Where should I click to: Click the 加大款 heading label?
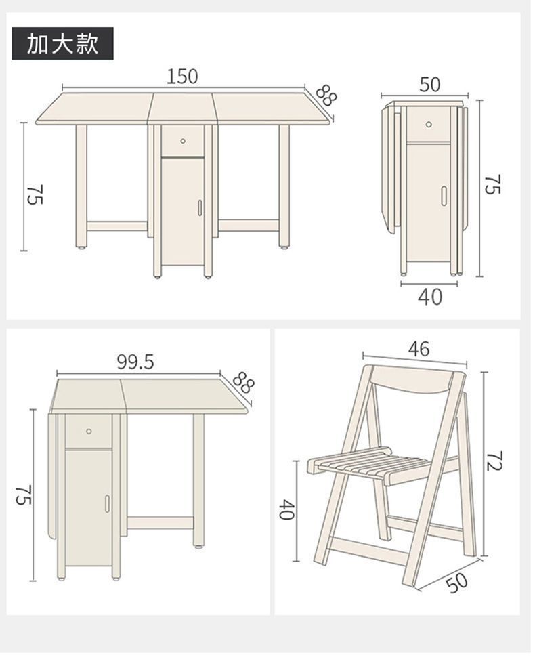[x=62, y=44]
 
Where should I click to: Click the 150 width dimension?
[x=182, y=77]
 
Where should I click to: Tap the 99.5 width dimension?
[x=135, y=362]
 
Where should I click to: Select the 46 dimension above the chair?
[x=419, y=349]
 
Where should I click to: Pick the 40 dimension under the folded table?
[x=430, y=297]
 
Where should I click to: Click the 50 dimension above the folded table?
[x=429, y=84]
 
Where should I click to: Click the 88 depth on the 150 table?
[x=326, y=95]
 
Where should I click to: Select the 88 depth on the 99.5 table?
[x=243, y=382]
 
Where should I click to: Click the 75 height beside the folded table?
[x=492, y=184]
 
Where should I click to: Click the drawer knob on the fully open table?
[x=183, y=141]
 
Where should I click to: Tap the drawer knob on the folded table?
[x=429, y=125]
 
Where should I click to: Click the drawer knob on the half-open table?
[x=89, y=431]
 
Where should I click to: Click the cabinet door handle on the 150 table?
[x=200, y=207]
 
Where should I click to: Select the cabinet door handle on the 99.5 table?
[x=107, y=503]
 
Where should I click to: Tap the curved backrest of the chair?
[x=411, y=380]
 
